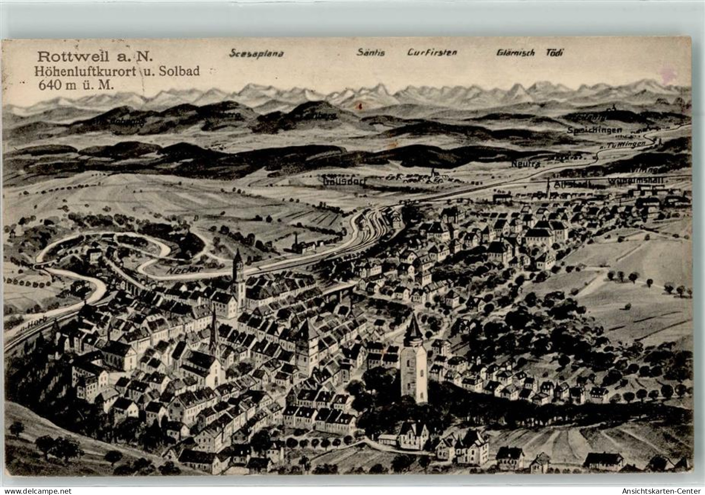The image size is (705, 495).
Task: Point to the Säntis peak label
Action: [x=370, y=53]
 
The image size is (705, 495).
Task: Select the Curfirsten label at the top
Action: [x=432, y=53]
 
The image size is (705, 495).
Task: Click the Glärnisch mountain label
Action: [x=515, y=53]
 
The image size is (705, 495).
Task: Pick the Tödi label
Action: [x=554, y=53]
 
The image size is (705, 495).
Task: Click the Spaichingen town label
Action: [x=594, y=130]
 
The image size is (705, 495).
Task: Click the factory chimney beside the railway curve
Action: [x=297, y=242]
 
